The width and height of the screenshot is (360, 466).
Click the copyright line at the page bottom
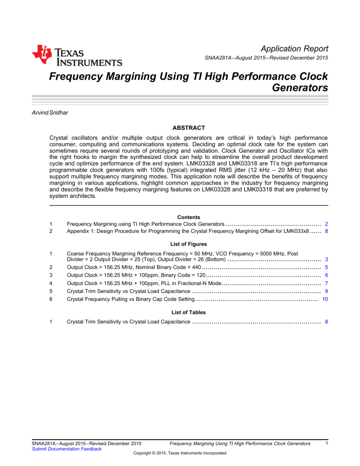(x=180, y=453)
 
